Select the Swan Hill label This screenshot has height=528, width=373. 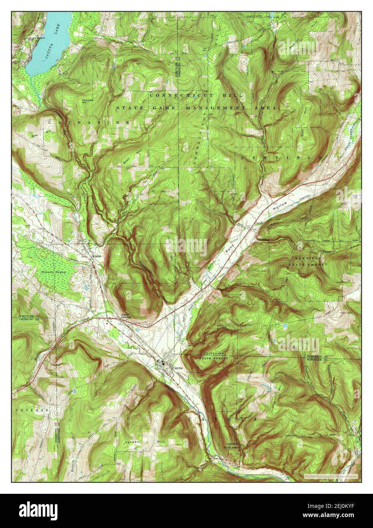pyautogui.click(x=130, y=164)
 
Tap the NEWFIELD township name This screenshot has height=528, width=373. pyautogui.click(x=281, y=157)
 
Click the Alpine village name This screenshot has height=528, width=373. pyautogui.click(x=96, y=256)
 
